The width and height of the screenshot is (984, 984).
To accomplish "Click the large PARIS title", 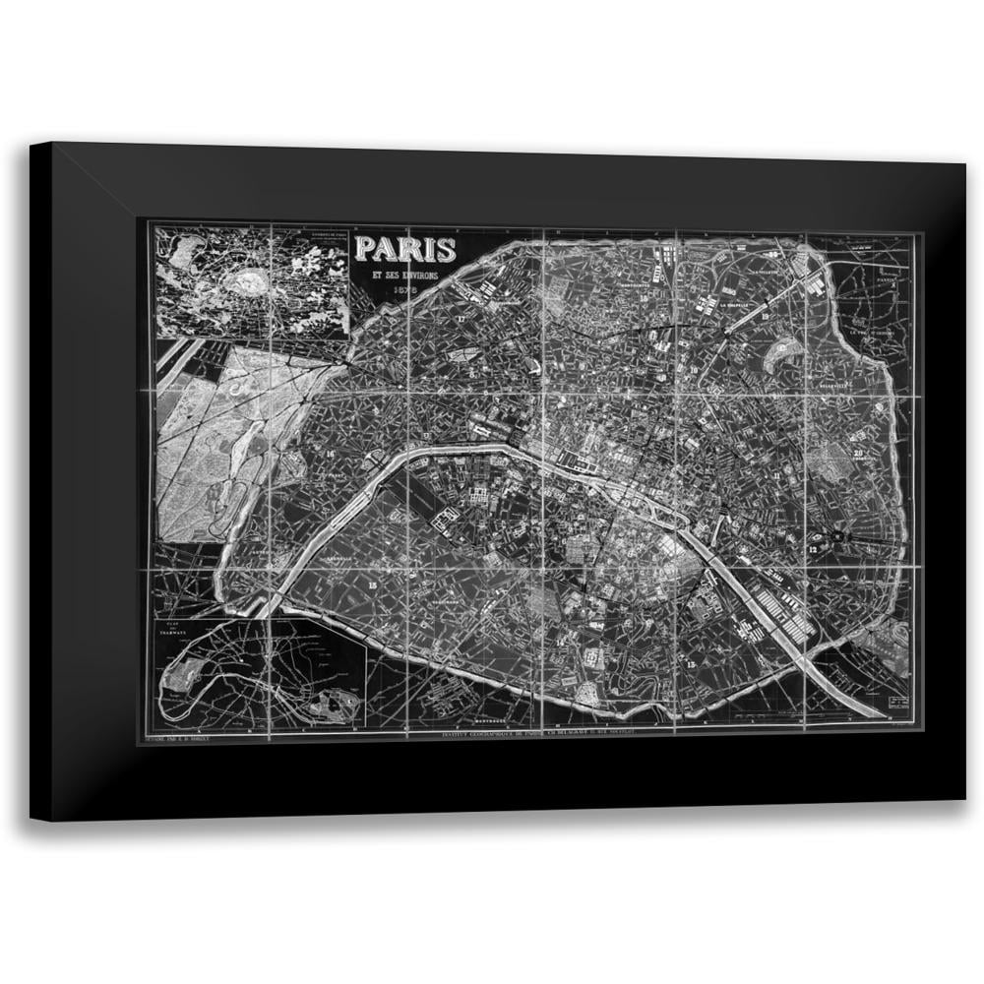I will (x=405, y=249).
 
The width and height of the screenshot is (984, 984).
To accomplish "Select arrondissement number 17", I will (x=460, y=318).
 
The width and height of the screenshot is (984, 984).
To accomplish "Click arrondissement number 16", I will (x=331, y=454).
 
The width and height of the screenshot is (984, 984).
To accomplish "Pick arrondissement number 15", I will (x=372, y=586).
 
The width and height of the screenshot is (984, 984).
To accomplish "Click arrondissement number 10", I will (x=695, y=371).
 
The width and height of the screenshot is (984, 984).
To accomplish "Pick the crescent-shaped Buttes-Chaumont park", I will (x=786, y=345).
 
